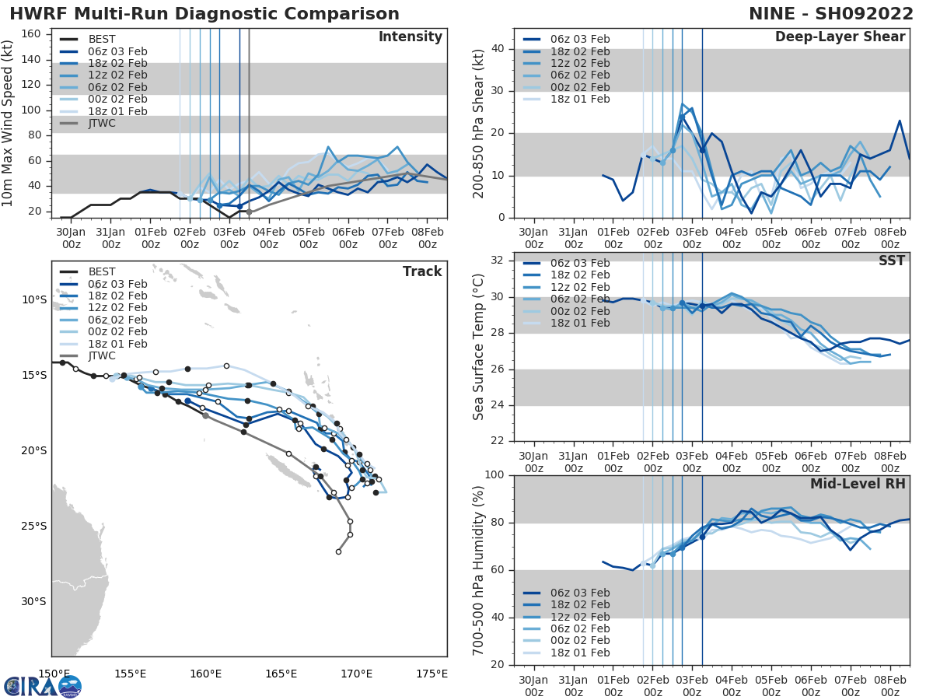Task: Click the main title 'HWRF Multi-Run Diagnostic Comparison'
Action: point(204,14)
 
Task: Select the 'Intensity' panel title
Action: point(411,37)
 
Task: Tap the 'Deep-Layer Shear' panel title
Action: point(840,37)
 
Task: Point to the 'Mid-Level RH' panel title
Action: point(858,484)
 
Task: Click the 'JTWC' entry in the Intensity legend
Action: point(103,124)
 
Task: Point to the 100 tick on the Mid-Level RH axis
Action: point(492,475)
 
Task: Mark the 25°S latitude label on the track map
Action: point(33,526)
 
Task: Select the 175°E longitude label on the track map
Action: point(432,674)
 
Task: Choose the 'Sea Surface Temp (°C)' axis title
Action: point(478,347)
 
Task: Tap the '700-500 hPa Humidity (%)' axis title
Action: point(478,569)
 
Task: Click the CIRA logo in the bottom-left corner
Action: point(42,686)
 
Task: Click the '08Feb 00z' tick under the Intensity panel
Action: point(427,237)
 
